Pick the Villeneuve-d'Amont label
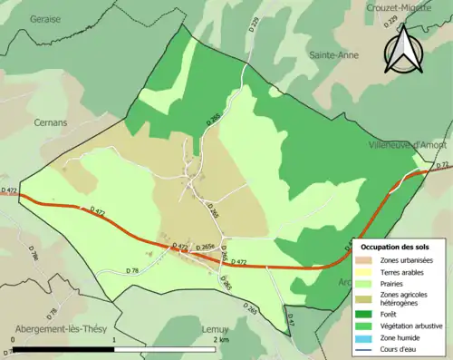pos(406,145)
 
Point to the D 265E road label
pos(206,247)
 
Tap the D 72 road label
pos(443,165)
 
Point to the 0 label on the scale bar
pos(14,339)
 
